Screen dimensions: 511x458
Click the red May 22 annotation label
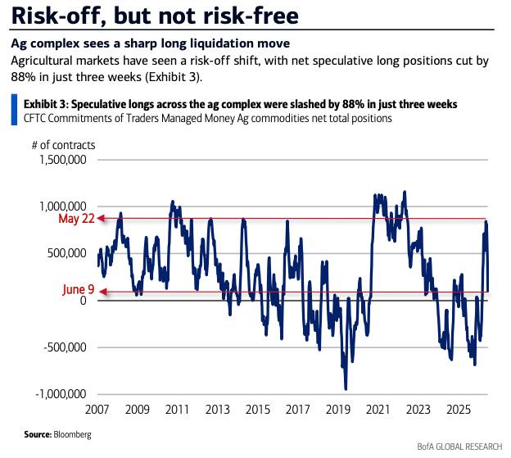click(76, 219)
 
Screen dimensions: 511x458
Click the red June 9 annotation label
click(79, 289)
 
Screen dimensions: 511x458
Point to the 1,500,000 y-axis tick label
click(63, 160)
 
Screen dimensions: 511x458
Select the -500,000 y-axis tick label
click(66, 347)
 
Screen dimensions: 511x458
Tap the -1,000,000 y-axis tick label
click(61, 394)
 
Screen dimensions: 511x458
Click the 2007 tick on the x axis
click(97, 410)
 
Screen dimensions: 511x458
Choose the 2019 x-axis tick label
click(338, 410)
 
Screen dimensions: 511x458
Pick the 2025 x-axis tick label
click(459, 410)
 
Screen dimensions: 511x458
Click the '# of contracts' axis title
click(64, 145)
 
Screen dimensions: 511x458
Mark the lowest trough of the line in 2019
click(346, 389)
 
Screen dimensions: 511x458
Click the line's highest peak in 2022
click(405, 192)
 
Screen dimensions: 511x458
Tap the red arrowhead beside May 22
click(102, 219)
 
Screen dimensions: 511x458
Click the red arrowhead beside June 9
click(102, 292)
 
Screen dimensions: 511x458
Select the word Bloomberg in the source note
click(72, 434)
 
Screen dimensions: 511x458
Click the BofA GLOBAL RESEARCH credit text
click(460, 447)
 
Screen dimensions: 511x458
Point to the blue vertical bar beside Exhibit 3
click(14, 110)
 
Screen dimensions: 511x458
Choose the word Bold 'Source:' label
click(38, 434)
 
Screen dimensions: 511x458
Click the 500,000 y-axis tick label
click(67, 253)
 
